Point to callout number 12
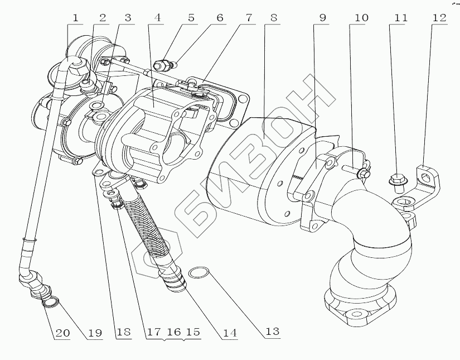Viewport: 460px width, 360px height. tap(439, 18)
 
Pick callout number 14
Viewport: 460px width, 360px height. tap(230, 333)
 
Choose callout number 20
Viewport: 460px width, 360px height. tap(62, 333)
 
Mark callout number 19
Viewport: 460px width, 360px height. tap(95, 333)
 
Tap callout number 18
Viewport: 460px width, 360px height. tap(123, 333)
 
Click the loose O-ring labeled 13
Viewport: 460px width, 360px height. tap(199, 273)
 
